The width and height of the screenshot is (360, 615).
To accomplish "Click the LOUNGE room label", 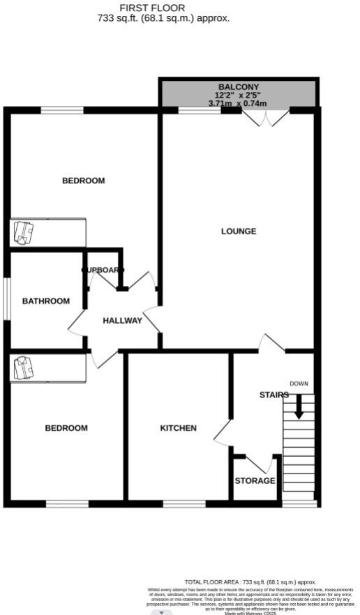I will click(239, 231).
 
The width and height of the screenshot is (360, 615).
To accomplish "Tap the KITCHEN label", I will click(178, 428).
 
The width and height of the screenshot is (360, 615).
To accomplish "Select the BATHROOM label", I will click(46, 301).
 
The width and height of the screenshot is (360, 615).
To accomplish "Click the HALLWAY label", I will click(122, 321).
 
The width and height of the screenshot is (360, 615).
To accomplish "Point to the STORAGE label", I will click(255, 481).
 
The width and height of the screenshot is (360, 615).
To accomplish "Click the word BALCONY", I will click(239, 86).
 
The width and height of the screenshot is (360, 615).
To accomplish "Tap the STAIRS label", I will click(273, 395).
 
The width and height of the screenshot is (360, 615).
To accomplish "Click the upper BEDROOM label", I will click(84, 181).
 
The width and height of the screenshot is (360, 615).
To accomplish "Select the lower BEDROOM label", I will click(66, 428).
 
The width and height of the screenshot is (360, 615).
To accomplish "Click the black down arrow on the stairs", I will click(299, 407).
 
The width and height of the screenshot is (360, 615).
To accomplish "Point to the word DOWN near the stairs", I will click(299, 384).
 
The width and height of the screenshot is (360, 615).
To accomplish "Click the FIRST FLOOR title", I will click(152, 8).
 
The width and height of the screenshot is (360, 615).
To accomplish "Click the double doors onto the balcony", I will click(266, 117).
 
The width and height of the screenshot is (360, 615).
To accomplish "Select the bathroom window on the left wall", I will click(8, 299).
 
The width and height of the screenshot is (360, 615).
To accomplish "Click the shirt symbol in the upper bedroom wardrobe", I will click(24, 232).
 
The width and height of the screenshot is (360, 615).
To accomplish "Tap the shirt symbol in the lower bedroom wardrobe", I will click(24, 367).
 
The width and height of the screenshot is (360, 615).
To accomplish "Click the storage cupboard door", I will click(260, 463).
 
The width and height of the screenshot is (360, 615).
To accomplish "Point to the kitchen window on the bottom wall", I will click(184, 503).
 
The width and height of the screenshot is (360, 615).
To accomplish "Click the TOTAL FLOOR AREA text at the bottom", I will click(250, 582).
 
